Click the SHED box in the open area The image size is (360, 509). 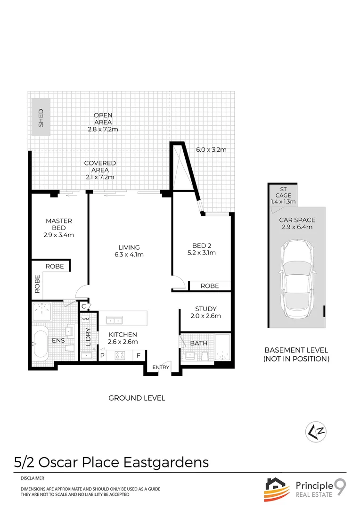click(x=41, y=118)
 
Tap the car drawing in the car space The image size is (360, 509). click(x=297, y=279)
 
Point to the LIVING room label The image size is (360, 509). click(x=129, y=247)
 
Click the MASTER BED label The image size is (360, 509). click(x=59, y=224)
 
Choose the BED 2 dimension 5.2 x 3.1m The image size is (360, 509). click(x=204, y=253)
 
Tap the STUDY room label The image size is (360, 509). click(x=206, y=309)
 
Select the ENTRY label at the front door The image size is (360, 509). click(x=160, y=368)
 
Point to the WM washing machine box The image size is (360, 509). click(x=86, y=319)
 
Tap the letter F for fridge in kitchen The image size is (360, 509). click(x=139, y=356)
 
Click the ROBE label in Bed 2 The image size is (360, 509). click(x=210, y=286)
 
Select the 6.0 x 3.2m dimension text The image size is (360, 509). click(x=211, y=150)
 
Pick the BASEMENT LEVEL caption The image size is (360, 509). click(x=296, y=350)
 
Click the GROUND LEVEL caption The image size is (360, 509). click(x=137, y=398)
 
